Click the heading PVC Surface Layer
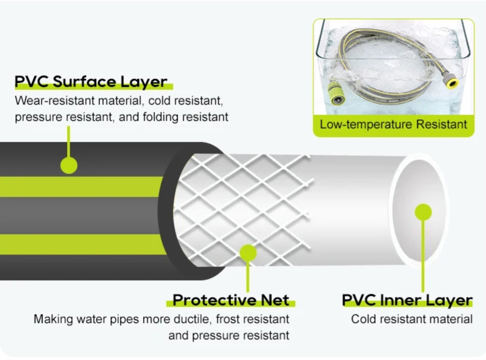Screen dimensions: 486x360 point(91,81)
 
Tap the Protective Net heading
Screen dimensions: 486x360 point(231,300)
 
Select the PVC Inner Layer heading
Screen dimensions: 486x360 point(407,300)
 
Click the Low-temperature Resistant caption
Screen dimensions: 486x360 point(393,124)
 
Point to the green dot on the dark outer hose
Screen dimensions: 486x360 point(69,165)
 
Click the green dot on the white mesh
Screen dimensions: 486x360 point(248,253)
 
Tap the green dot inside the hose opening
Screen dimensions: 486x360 point(423,212)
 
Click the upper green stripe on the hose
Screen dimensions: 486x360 point(81,186)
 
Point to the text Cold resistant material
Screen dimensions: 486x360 point(412,319)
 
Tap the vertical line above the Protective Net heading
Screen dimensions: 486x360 point(248,276)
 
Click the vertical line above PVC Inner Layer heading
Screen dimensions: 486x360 point(423,256)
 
